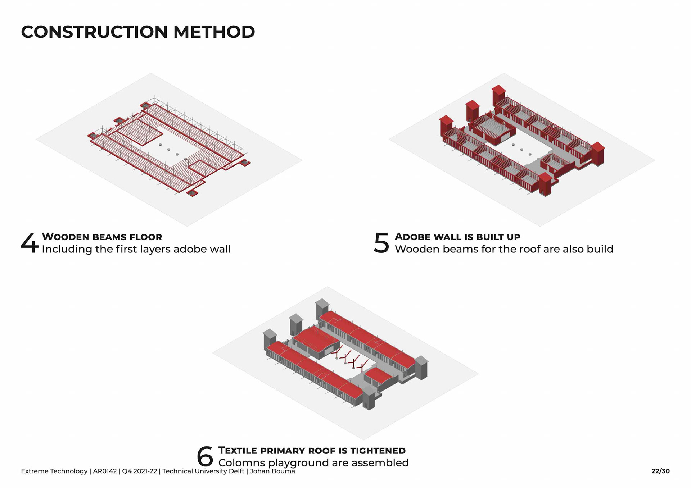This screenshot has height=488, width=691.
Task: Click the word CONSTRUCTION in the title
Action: click(x=94, y=32)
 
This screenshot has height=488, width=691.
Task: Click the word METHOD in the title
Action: click(x=214, y=32)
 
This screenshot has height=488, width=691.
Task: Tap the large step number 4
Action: click(x=29, y=243)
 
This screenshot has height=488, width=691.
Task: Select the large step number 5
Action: click(x=381, y=243)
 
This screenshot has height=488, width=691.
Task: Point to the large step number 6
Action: click(x=205, y=457)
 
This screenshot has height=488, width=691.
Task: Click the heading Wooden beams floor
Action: click(x=102, y=237)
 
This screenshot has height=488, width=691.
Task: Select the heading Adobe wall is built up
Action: click(x=457, y=237)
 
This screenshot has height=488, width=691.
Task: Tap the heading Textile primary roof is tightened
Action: click(x=312, y=451)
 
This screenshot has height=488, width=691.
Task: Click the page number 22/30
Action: click(x=660, y=471)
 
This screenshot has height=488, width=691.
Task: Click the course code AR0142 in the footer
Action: click(x=105, y=471)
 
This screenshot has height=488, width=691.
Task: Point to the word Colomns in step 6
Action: click(x=241, y=463)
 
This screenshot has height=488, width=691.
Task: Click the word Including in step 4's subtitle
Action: click(x=67, y=249)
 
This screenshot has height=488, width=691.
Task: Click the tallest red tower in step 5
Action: click(x=499, y=95)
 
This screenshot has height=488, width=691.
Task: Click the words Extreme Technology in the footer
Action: click(x=54, y=471)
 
